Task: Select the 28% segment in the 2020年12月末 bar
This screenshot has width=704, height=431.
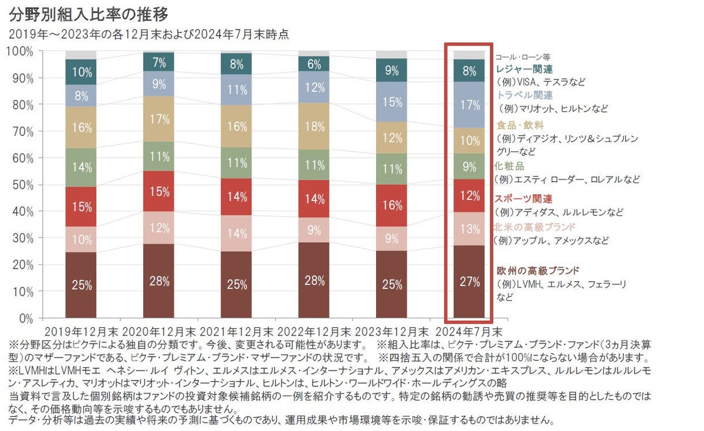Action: coord(159,280)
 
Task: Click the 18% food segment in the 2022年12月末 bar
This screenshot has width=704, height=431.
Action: coord(314,127)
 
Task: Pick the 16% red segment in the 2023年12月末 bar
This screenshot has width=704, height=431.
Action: coord(391,205)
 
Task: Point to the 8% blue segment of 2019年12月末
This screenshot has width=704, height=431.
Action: coord(81,96)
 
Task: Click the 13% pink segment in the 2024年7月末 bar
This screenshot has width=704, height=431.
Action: coord(469,229)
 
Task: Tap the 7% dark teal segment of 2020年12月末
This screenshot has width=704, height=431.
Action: coord(159,62)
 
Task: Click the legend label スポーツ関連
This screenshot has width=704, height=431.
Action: coord(523,199)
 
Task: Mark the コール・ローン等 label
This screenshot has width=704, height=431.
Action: coord(522,57)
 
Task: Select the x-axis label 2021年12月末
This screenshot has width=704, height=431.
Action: coord(236,331)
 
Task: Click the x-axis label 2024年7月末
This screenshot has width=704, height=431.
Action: coord(469,331)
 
